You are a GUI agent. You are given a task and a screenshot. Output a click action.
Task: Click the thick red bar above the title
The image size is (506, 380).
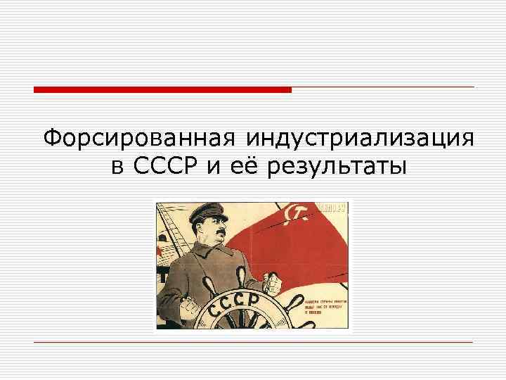click(162, 89)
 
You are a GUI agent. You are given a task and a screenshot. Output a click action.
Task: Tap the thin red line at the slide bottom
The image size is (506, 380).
click(253, 342)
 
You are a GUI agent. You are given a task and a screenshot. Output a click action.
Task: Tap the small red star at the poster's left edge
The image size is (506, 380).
click(161, 251)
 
